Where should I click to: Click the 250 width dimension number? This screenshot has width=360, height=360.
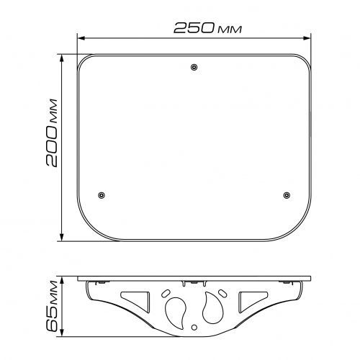click(x=194, y=28)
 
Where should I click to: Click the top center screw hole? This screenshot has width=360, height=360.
click(x=194, y=67)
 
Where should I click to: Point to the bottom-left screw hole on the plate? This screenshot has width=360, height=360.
click(x=102, y=195)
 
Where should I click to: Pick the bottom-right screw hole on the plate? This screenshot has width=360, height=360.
click(x=287, y=195)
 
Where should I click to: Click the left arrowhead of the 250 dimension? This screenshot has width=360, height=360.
click(x=81, y=38)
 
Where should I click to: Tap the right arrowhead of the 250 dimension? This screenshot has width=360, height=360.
click(x=307, y=38)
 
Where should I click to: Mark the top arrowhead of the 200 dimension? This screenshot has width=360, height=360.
click(x=62, y=59)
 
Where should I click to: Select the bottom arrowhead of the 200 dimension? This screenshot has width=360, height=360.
click(x=62, y=237)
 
